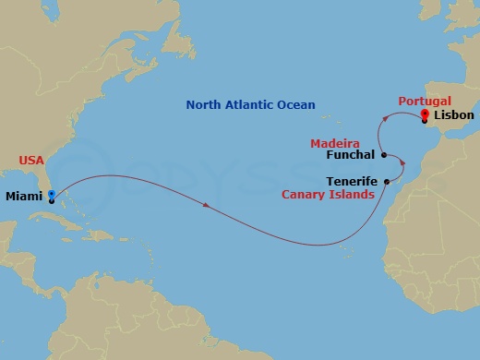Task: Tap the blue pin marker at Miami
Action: point(52,195)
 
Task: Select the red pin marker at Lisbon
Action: point(425,115)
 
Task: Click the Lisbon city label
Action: point(453,116)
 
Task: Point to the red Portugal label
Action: point(424,101)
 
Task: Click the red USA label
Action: point(31,161)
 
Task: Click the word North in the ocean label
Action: point(206,105)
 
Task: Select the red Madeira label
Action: point(333,143)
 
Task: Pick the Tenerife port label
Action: point(353,182)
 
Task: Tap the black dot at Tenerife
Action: point(386,182)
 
